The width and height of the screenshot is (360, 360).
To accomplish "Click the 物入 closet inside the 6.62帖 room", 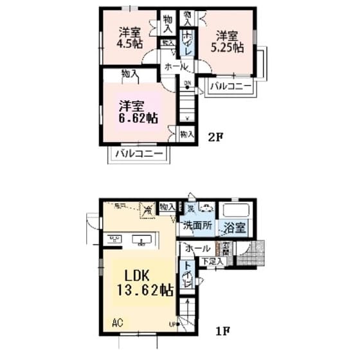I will coord(130,75).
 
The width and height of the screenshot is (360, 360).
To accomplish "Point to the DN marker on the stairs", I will coord(187,83).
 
